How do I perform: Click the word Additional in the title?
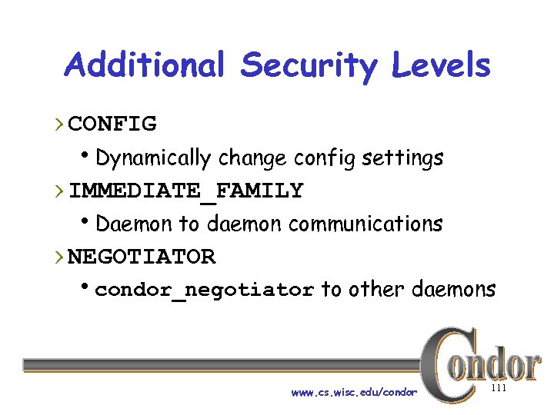pos(145,65)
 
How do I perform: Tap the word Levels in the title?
pos(440,65)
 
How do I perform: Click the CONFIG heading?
pos(112,123)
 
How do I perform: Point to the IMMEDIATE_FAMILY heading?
pos(186,190)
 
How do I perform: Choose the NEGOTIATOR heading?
pos(142,256)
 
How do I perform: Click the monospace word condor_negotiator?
pos(205,290)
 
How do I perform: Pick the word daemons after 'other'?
pos(454,290)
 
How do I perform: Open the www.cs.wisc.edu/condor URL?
pos(354,393)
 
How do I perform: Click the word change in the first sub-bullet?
pos(253,158)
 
